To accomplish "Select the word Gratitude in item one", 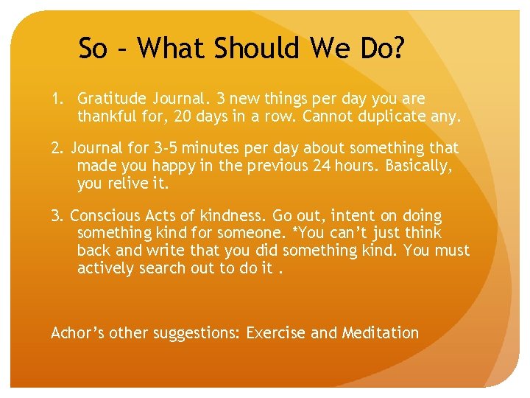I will pos(113,99).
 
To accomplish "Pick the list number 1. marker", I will pos(57,99).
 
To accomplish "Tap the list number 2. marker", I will pos(57,149).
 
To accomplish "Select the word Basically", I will pos(417,166).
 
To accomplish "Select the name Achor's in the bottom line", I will pos(78,333).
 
